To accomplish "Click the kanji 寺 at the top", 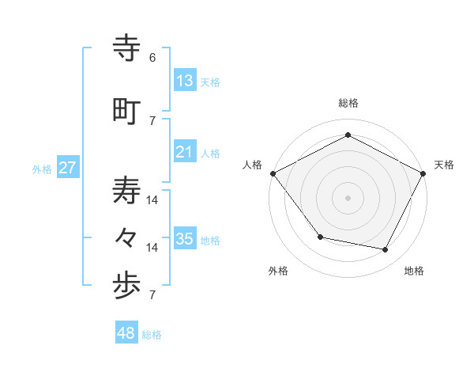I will click(x=127, y=48).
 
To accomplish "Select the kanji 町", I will click(x=127, y=112).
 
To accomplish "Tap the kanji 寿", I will click(x=127, y=191).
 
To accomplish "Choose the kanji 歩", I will click(x=127, y=287).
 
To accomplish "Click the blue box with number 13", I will click(x=184, y=81).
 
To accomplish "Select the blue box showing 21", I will click(x=184, y=152).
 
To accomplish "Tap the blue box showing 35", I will click(x=184, y=239).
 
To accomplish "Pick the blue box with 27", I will click(x=67, y=168).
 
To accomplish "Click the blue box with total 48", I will click(x=126, y=333).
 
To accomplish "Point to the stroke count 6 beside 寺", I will click(x=152, y=57).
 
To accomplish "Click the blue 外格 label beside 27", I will click(x=42, y=169).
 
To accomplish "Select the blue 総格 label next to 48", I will click(x=152, y=335).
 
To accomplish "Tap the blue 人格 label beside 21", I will click(x=210, y=153).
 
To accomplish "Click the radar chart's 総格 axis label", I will click(x=348, y=103).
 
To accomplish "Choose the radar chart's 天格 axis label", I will click(x=444, y=165).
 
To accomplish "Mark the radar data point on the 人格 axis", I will click(x=273, y=173).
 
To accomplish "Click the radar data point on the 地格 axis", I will click(x=386, y=249).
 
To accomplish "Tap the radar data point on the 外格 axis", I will click(x=320, y=237).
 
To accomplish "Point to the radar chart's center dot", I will click(x=348, y=197).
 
